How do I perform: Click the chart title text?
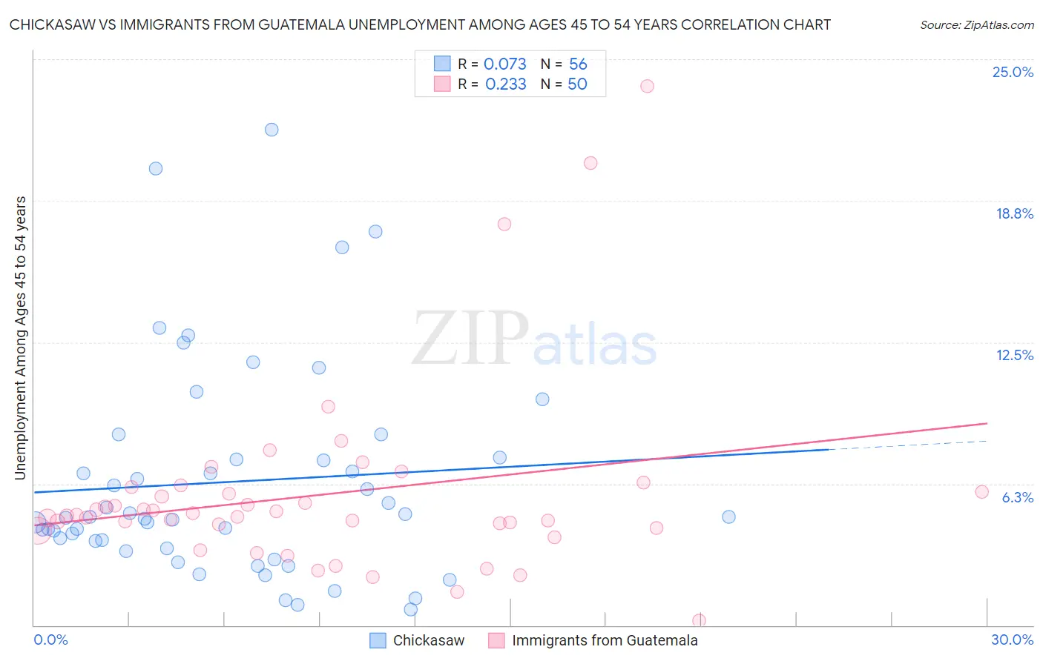tap(420, 24)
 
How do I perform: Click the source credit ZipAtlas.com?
tap(976, 24)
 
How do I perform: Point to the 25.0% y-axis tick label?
tap(1013, 72)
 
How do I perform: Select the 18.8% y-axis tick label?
tap(1014, 213)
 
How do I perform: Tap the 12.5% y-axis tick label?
tap(1014, 355)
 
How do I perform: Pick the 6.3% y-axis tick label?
tap(1017, 497)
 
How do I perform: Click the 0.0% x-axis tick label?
tap(50, 640)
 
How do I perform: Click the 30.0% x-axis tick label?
tap(1012, 640)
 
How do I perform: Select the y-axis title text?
tap(20, 338)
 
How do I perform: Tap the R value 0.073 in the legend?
tap(504, 64)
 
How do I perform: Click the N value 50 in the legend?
tap(577, 84)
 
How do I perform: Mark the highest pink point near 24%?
tap(647, 86)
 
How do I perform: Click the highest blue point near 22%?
tap(272, 130)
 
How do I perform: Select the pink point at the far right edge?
tap(981, 492)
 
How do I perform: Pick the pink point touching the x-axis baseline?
tap(699, 620)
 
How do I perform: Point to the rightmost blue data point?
tap(728, 516)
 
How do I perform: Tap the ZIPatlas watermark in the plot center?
tap(534, 339)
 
